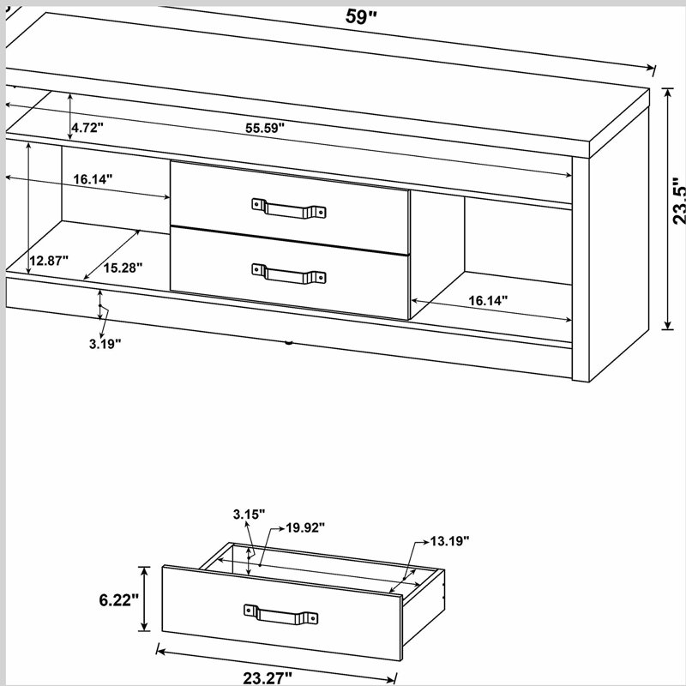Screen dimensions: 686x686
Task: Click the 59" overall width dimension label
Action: (x=361, y=16)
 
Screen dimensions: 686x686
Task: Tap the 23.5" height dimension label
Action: (x=678, y=202)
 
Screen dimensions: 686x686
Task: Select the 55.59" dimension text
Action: (x=265, y=128)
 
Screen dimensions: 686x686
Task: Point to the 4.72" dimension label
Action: (x=87, y=128)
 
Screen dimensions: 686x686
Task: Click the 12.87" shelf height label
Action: (x=49, y=261)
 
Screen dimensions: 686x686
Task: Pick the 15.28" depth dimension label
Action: (x=123, y=268)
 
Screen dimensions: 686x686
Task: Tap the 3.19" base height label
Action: (x=105, y=344)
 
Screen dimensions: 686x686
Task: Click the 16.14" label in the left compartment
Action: (x=93, y=179)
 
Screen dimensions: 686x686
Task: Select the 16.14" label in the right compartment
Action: (x=488, y=301)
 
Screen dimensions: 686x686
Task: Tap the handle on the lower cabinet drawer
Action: (x=289, y=274)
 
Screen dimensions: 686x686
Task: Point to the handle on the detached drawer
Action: (x=281, y=615)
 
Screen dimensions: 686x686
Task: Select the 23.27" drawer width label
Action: (x=268, y=678)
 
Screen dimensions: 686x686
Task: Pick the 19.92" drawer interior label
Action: (x=305, y=528)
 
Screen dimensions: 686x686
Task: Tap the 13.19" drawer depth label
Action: (x=449, y=541)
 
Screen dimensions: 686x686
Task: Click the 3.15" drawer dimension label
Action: (x=249, y=514)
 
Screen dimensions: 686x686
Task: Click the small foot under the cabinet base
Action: (x=288, y=342)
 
